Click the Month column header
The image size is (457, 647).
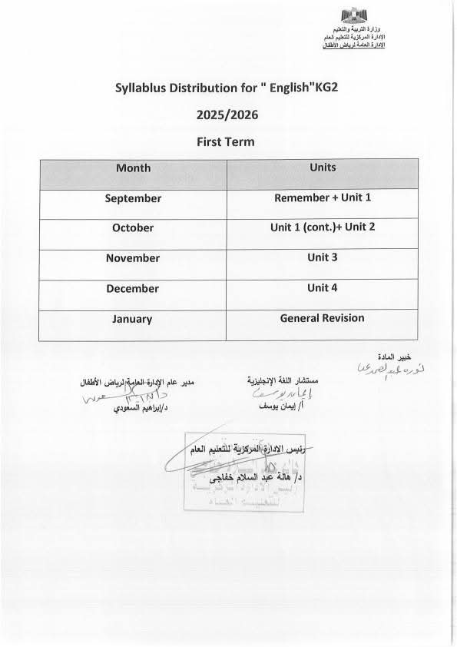click(x=133, y=168)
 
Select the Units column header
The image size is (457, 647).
click(x=323, y=168)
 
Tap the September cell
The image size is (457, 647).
click(x=133, y=198)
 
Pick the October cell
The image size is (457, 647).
click(x=133, y=228)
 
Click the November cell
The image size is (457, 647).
click(x=133, y=258)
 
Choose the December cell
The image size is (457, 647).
click(x=133, y=289)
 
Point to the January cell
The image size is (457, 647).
click(x=133, y=319)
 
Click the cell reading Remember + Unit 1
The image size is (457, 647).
click(x=323, y=197)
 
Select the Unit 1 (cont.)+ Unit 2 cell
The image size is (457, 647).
click(x=323, y=227)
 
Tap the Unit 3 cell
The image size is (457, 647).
click(x=323, y=257)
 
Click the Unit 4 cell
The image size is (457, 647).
click(x=323, y=288)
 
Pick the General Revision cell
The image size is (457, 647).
click(x=323, y=317)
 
